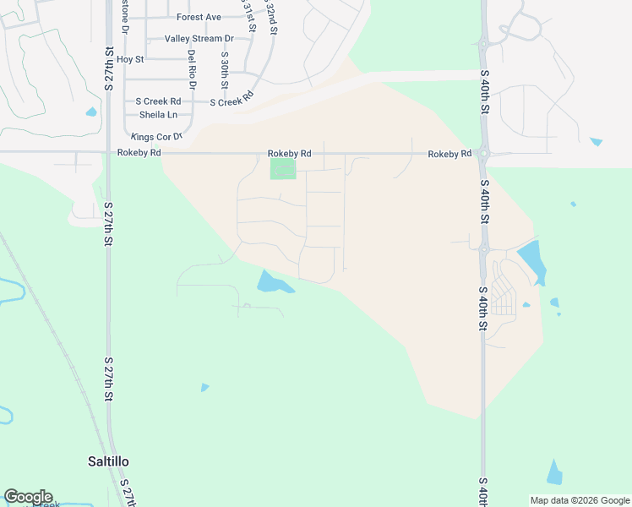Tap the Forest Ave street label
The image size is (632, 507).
click(199, 17)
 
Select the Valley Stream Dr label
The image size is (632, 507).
click(199, 39)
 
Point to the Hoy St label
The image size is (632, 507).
click(131, 59)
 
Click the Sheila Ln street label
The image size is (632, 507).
click(158, 115)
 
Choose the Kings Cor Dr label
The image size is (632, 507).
click(156, 136)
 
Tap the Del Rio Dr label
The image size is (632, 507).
click(192, 70)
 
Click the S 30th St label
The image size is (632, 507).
click(225, 71)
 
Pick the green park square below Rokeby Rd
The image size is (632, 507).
click(283, 169)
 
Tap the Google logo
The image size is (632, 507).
click(28, 497)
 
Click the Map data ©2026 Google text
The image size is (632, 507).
click(579, 500)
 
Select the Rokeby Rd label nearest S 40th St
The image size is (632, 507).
click(449, 154)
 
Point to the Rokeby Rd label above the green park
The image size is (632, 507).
click(289, 153)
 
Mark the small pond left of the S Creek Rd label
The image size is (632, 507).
click(91, 112)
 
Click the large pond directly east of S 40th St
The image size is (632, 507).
click(531, 259)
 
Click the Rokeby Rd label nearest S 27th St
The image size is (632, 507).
click(139, 153)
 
